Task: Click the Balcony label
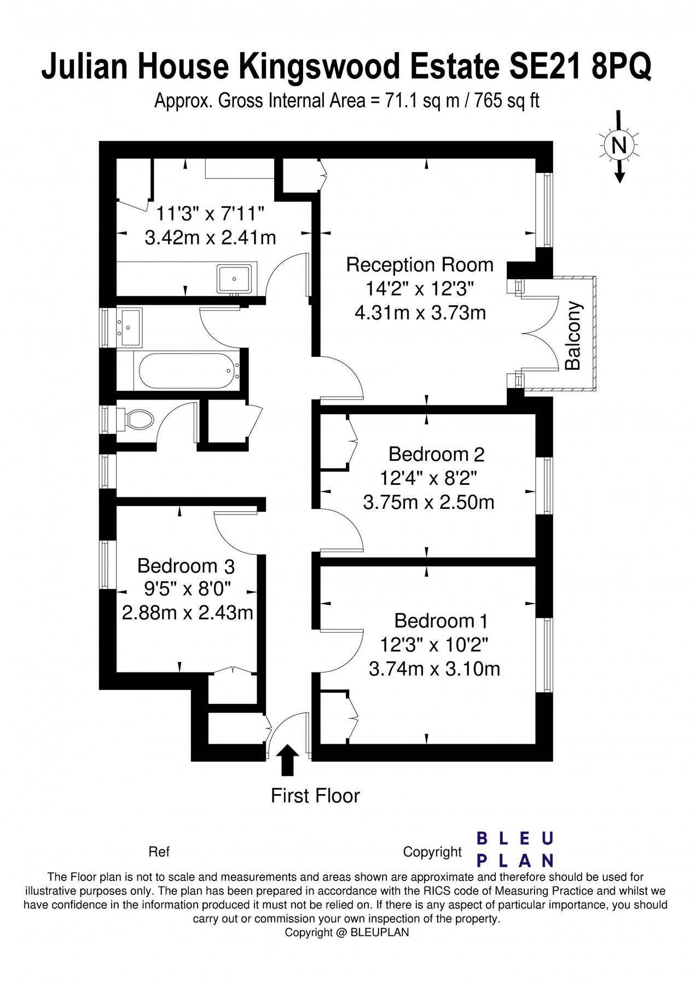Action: [x=573, y=335]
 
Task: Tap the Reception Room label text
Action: [x=420, y=265]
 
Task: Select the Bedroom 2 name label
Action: [x=436, y=454]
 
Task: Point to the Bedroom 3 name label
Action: [x=186, y=565]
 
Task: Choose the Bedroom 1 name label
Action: [x=440, y=621]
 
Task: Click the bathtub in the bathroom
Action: [x=187, y=370]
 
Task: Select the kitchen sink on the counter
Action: [x=234, y=279]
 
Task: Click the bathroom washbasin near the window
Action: [x=130, y=327]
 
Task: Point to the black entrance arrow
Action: [x=287, y=760]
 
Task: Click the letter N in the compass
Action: [x=619, y=146]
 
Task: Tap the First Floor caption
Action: [x=315, y=796]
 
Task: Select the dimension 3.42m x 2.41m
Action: [x=210, y=237]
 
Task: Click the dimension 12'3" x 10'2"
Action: [x=434, y=645]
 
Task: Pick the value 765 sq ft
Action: [x=507, y=101]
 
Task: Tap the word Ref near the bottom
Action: [x=159, y=852]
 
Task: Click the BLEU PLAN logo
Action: [x=515, y=849]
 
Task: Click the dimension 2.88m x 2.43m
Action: [x=187, y=612]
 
